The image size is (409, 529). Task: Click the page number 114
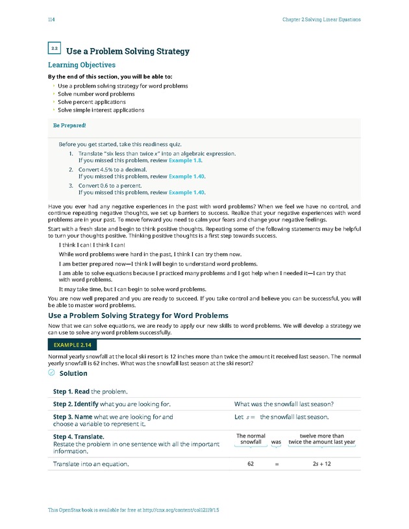[51, 19]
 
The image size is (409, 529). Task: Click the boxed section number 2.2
[55, 48]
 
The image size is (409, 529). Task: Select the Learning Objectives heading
[82, 65]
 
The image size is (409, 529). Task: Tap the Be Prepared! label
[69, 125]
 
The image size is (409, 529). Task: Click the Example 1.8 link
[186, 159]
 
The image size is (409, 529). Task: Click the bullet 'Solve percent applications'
[92, 102]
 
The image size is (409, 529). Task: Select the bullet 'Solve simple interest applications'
[101, 110]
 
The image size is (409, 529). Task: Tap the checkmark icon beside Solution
[52, 373]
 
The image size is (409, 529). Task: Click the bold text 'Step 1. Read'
[71, 391]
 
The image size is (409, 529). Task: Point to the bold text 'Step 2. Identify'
[75, 404]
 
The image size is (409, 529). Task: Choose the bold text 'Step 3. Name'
[72, 417]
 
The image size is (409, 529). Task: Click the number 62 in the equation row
[250, 464]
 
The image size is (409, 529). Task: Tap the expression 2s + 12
[322, 464]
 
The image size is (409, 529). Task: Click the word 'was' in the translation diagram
[276, 442]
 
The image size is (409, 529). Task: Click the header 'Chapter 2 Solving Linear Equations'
[321, 19]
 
